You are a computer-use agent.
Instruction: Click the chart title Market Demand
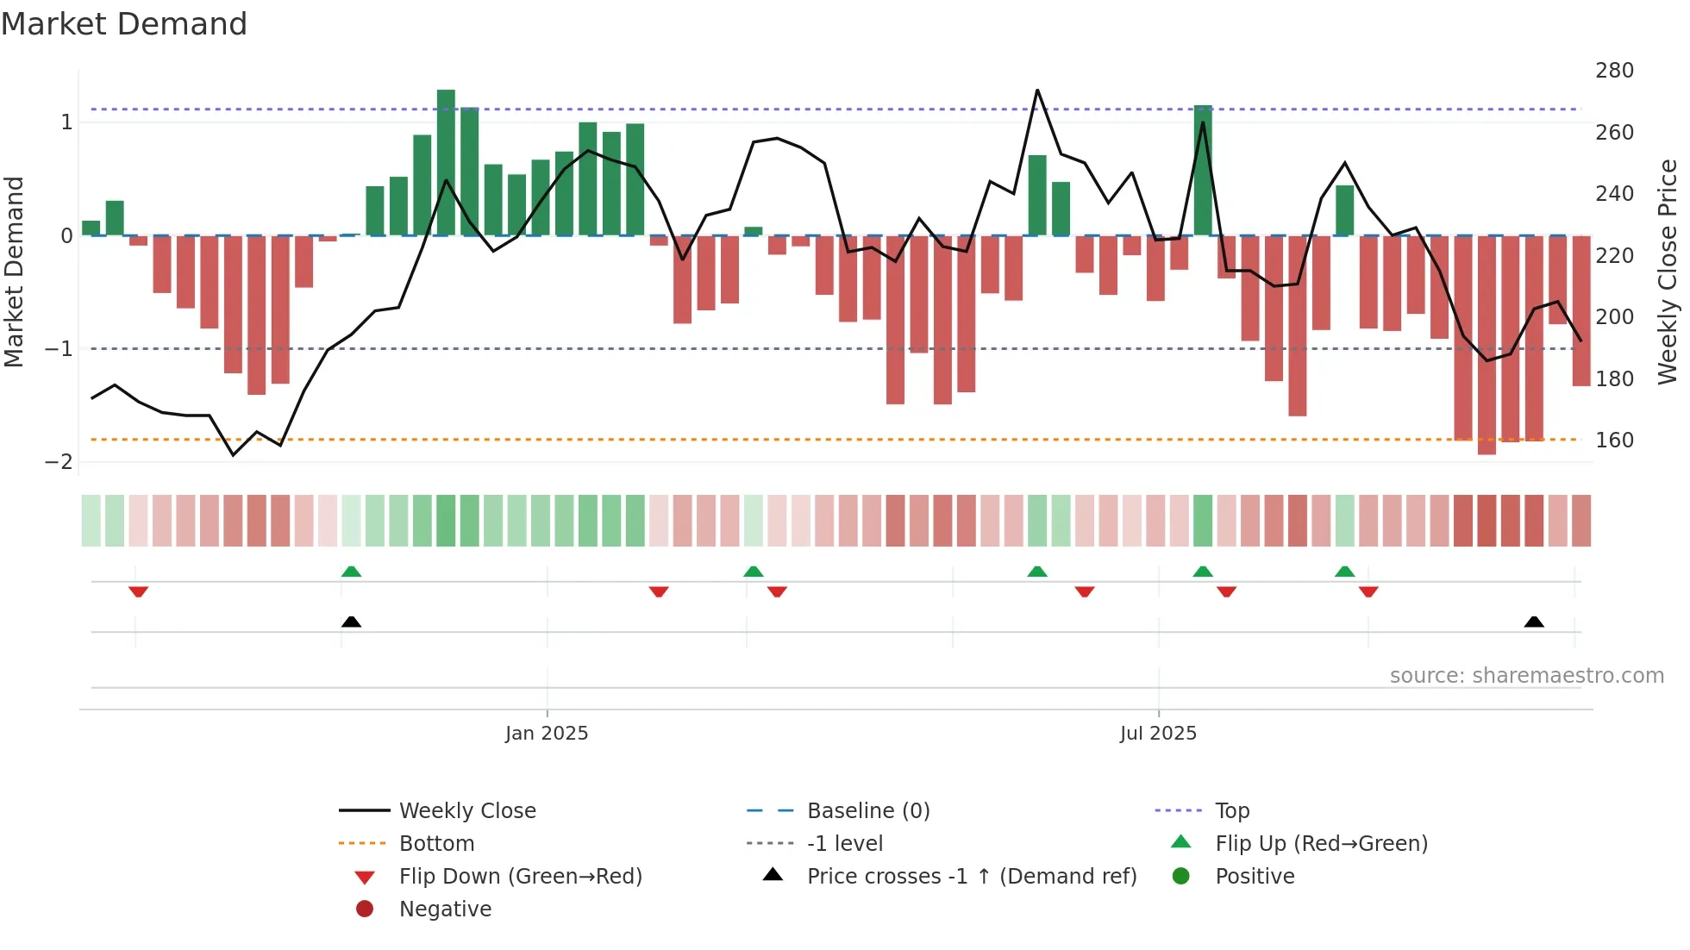(124, 23)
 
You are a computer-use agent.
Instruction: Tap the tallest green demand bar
(446, 162)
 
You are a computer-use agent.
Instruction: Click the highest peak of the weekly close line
(1037, 91)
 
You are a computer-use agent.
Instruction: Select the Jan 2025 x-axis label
(547, 733)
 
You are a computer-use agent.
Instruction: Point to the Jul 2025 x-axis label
(1158, 733)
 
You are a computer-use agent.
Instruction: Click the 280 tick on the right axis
(1614, 70)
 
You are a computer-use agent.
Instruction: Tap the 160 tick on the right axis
(1614, 440)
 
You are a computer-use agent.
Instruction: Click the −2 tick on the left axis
(59, 461)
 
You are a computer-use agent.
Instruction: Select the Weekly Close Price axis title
(1668, 272)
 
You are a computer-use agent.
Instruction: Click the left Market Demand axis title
(14, 272)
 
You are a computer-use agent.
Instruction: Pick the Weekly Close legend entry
(466, 810)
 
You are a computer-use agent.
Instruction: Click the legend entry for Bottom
(436, 843)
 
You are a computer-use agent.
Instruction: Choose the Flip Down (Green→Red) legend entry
(520, 876)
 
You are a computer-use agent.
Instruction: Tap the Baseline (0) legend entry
(868, 810)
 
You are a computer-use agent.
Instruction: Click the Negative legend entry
(445, 909)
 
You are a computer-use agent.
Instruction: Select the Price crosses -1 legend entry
(971, 876)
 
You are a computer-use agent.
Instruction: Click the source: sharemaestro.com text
(1526, 675)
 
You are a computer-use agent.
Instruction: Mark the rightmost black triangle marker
(1534, 622)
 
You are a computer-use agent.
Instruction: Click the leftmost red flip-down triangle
(138, 591)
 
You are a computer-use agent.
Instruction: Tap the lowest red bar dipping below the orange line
(1487, 345)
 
